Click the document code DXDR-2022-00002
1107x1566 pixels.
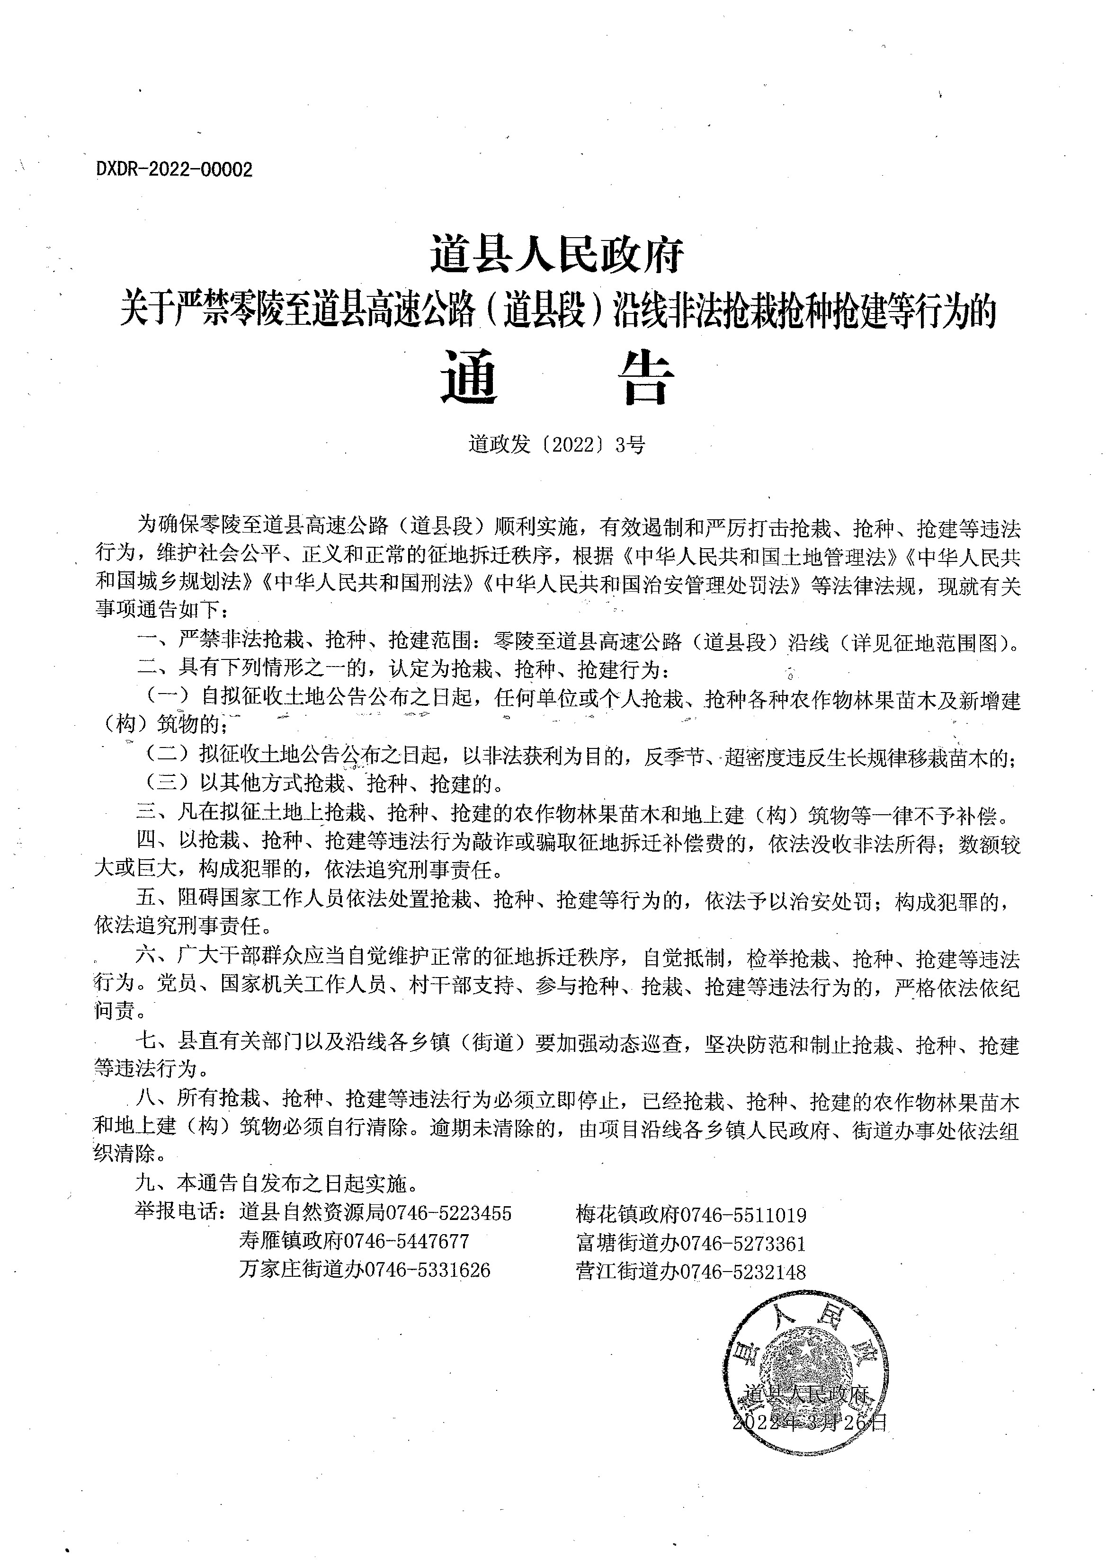point(175,170)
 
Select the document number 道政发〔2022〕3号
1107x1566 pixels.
point(556,445)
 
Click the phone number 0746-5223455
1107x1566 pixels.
point(449,1213)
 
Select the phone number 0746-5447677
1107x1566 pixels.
point(407,1241)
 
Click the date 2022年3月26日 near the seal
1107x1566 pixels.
point(810,1422)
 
